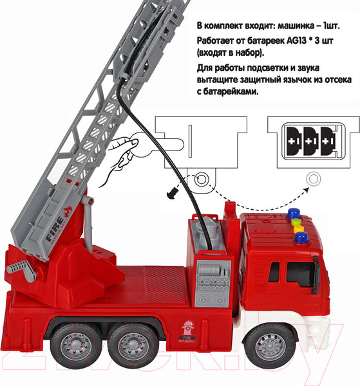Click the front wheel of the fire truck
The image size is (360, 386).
pos(270,347)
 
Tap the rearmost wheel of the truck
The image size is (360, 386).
pos(75,347)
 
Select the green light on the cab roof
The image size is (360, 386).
pos(296,222)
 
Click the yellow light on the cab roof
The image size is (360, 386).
pos(299,229)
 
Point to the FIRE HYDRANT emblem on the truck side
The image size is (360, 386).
pos(187,331)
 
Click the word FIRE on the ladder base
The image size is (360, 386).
pos(54,229)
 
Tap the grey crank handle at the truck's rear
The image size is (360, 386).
pos(22,270)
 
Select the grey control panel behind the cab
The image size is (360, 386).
pos(213,284)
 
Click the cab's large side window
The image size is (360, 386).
pos(300,273)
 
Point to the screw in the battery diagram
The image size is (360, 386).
pos(173,192)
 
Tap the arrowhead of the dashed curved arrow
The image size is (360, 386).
pos(306,189)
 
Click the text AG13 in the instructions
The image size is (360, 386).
pos(297,41)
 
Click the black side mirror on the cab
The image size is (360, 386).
pos(316,275)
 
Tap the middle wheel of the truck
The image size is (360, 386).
pos(133,347)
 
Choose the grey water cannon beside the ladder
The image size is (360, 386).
pos(88,221)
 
